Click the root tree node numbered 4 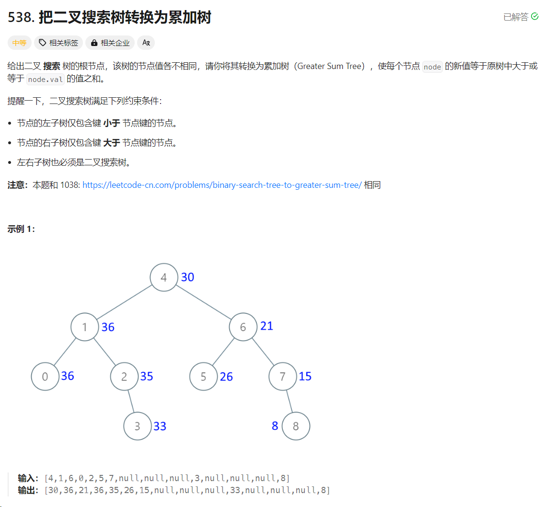[164, 277]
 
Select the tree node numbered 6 [243, 327]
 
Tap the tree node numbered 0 [45, 377]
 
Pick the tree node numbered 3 [138, 426]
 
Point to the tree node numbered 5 [203, 377]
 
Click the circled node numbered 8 [296, 426]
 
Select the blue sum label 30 [187, 277]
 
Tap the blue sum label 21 [266, 326]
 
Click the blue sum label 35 [147, 377]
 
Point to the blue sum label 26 [226, 377]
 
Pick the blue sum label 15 [305, 377]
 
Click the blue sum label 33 [160, 426]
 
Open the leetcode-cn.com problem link [222, 185]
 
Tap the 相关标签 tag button [58, 43]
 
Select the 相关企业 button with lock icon [110, 43]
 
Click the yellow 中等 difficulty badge [20, 43]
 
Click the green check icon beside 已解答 [535, 17]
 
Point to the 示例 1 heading [22, 229]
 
